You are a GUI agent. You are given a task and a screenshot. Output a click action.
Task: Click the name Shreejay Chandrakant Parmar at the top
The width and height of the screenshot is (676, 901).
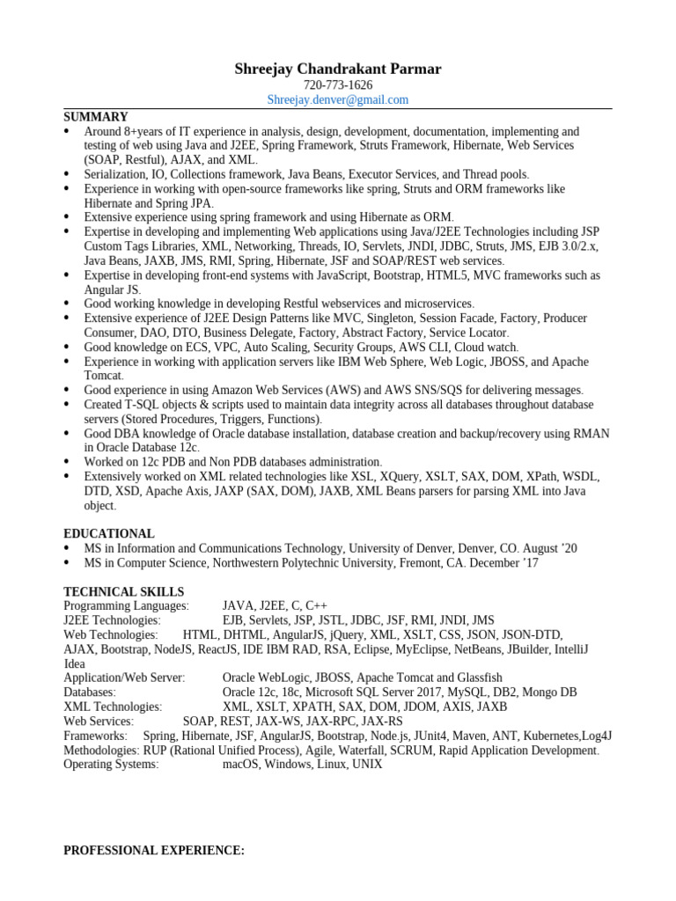[x=338, y=69]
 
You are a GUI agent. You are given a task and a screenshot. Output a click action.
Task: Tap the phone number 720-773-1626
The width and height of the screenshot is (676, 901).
[x=338, y=85]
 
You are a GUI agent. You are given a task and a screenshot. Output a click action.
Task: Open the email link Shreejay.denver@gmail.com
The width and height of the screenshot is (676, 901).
[x=338, y=100]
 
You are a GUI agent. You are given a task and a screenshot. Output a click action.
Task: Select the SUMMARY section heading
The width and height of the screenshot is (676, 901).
[x=96, y=117]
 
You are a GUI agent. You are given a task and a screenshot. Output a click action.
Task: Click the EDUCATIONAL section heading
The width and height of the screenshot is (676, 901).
[x=109, y=534]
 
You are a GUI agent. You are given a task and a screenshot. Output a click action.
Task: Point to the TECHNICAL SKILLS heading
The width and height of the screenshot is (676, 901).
[x=123, y=592]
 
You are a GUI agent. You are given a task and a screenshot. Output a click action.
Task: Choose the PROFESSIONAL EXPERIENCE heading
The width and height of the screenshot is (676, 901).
[x=154, y=851]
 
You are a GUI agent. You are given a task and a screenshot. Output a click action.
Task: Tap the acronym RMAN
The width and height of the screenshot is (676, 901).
[x=591, y=434]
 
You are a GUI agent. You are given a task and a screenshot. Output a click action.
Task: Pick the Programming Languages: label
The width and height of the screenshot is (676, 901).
[x=126, y=606]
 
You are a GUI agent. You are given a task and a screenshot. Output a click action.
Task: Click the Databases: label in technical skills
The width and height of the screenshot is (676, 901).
[x=90, y=692]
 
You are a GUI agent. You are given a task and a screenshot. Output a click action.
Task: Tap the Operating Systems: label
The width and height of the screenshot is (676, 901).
[x=111, y=765]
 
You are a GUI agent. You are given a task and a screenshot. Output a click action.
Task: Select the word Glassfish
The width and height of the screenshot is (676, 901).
[x=476, y=678]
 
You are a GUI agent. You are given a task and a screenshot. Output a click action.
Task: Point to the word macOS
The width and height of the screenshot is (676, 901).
[x=240, y=765]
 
